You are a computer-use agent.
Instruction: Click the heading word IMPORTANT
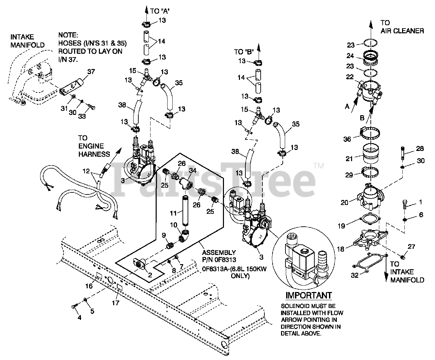(x=308, y=295)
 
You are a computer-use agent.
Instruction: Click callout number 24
(x=350, y=56)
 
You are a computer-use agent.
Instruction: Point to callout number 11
(x=174, y=213)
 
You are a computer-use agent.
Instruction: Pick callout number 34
(x=193, y=170)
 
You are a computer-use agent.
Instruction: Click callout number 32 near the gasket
(x=354, y=275)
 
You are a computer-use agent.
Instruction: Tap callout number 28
(x=420, y=148)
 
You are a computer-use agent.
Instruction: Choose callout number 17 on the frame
(x=116, y=302)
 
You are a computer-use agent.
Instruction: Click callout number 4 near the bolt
(x=80, y=318)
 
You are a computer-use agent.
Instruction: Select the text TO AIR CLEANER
(x=402, y=27)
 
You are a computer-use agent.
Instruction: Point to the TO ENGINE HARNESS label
(x=94, y=146)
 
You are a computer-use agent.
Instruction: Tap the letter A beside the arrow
(x=347, y=106)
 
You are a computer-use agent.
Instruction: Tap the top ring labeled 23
(x=370, y=43)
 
